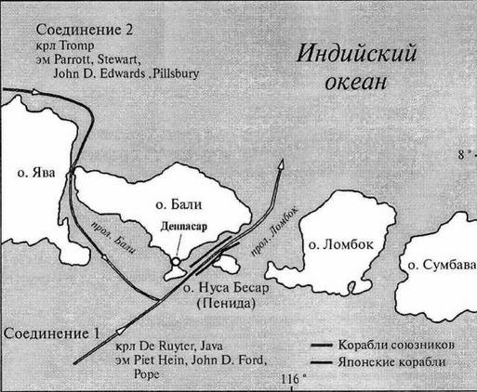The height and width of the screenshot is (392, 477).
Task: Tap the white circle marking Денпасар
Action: [175, 264]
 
